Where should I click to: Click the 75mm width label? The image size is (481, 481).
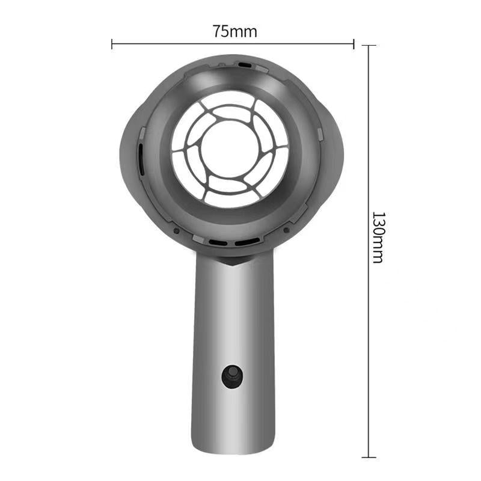[234, 32]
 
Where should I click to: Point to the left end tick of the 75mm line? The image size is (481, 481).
[112, 43]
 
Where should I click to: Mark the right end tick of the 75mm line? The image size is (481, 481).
[354, 43]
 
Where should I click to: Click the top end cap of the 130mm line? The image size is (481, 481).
[369, 46]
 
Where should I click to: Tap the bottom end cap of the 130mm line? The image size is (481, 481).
[369, 457]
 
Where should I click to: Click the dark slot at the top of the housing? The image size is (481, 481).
[245, 63]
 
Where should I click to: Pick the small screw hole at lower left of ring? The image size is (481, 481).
[176, 230]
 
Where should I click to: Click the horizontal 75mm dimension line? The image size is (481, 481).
[180, 43]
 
